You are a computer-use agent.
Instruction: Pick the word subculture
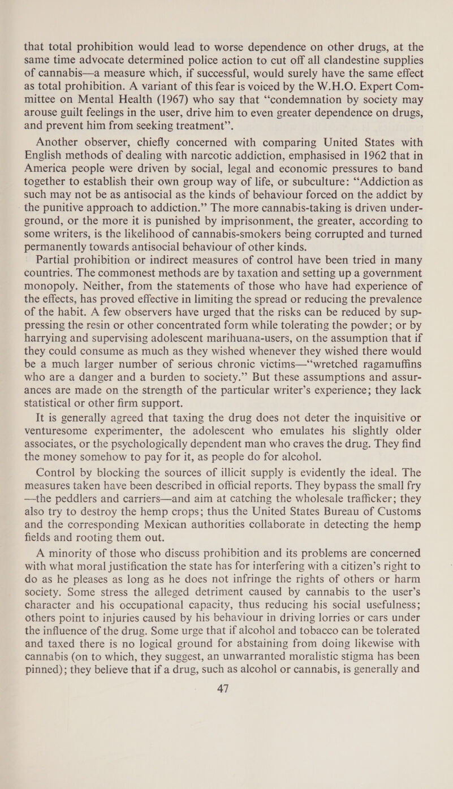tap(284, 168)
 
